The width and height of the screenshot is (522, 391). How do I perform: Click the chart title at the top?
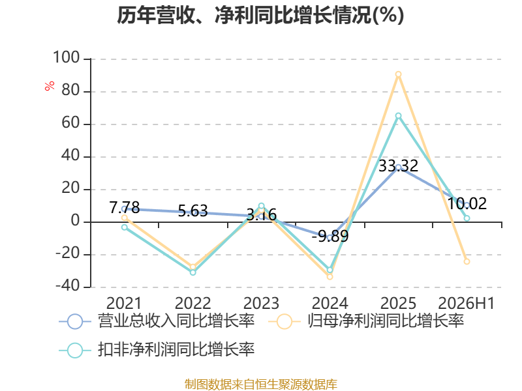click(260, 15)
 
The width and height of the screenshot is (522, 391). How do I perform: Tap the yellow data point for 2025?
click(398, 74)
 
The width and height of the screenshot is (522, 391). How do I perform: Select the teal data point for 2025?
click(398, 116)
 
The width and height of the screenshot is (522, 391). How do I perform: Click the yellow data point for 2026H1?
click(467, 262)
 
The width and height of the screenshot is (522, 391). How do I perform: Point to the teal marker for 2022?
click(192, 272)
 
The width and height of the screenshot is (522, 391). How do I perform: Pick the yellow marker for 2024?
click(330, 276)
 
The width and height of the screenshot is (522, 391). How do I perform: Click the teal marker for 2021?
click(125, 227)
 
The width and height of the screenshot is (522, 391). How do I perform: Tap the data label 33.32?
click(399, 166)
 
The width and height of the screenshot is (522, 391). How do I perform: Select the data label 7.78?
click(125, 207)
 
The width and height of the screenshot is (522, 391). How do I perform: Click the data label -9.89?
click(330, 236)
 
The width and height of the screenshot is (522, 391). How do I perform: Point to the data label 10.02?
click(467, 203)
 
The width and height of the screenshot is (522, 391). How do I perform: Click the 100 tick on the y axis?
click(67, 57)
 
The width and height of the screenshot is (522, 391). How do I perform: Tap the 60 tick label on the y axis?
click(70, 123)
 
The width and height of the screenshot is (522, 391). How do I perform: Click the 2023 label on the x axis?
click(262, 303)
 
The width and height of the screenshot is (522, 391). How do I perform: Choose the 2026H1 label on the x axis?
click(467, 303)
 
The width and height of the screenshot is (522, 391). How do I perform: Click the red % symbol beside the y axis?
click(50, 86)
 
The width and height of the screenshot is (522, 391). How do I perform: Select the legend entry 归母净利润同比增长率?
click(366, 321)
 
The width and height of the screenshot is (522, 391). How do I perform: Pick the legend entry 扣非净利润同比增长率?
click(157, 350)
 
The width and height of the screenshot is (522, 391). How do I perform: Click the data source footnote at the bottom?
click(261, 384)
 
